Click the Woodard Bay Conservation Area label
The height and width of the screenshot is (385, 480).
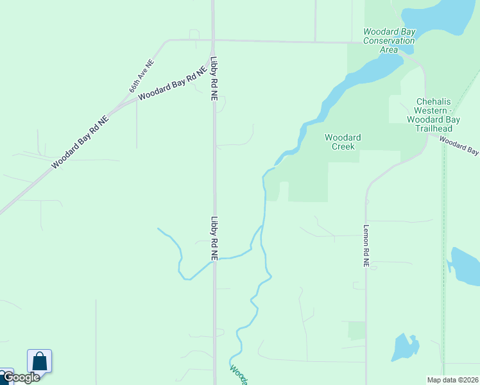(389, 40)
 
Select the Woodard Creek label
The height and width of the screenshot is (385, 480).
(343, 142)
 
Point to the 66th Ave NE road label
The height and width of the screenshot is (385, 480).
(142, 76)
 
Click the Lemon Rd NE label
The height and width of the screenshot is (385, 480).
(366, 245)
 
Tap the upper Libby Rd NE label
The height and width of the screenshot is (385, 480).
(214, 80)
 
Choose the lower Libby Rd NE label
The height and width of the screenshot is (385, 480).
(214, 237)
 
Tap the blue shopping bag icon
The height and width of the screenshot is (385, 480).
(39, 361)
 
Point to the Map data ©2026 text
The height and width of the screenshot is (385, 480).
(452, 380)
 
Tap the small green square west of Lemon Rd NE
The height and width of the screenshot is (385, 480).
(356, 330)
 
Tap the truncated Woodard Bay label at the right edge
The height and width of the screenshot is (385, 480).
(459, 146)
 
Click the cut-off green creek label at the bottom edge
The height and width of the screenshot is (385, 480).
(239, 375)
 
